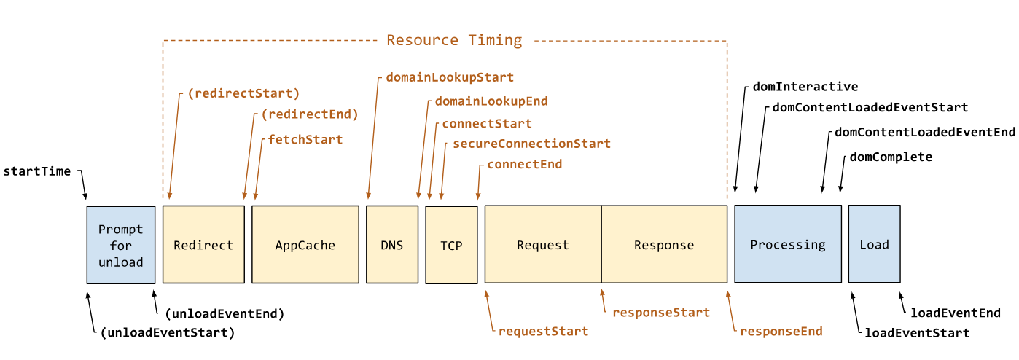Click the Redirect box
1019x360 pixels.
(x=203, y=245)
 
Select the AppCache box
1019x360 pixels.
(x=305, y=245)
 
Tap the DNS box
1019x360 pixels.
(x=392, y=245)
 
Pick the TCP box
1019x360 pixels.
(x=451, y=245)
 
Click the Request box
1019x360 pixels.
(x=543, y=245)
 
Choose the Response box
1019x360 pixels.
(x=664, y=245)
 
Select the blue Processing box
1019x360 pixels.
(x=788, y=244)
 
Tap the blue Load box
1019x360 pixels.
(x=875, y=244)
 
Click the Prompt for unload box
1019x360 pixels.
(x=121, y=245)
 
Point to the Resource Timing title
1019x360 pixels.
(x=454, y=40)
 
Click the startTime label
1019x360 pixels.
(x=37, y=171)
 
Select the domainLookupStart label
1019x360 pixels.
(x=450, y=77)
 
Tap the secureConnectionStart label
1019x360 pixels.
(x=531, y=144)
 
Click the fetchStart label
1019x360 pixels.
(x=305, y=139)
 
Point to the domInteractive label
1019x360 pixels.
(x=805, y=87)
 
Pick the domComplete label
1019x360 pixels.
(x=891, y=157)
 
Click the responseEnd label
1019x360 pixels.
(x=781, y=332)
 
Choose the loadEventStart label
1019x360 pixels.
(x=917, y=333)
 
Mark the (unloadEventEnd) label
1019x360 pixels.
(x=225, y=313)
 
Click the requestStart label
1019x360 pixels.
(x=543, y=332)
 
